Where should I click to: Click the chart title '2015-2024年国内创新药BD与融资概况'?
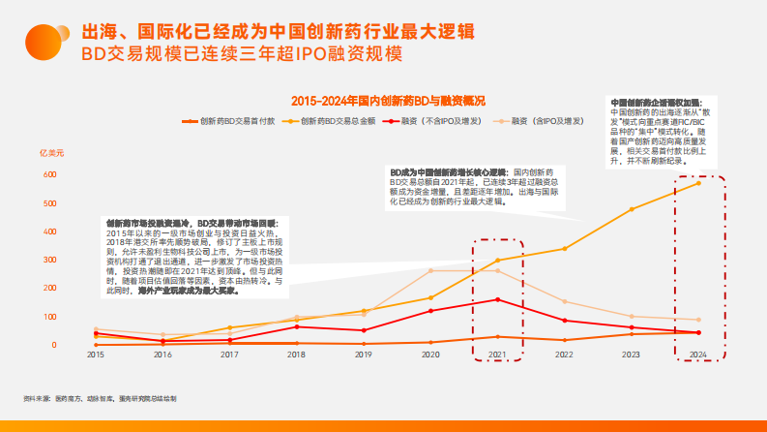(387, 100)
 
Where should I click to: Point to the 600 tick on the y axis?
(48, 175)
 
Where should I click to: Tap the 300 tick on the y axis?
(48, 261)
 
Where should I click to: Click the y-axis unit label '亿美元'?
(51, 154)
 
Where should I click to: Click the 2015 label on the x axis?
(96, 355)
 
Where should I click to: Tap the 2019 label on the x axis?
(363, 355)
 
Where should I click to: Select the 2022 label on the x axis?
(564, 355)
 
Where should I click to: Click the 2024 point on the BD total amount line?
(698, 183)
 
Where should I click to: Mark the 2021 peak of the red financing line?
(497, 299)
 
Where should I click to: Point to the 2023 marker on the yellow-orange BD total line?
(632, 209)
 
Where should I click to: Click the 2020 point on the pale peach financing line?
(430, 271)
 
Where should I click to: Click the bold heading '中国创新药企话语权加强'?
(658, 101)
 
